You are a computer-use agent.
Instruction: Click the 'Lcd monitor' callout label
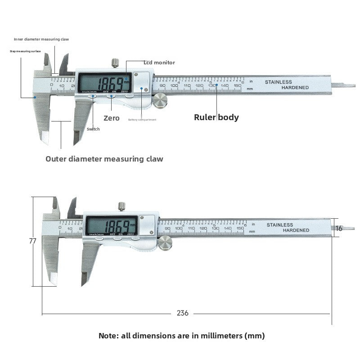pyautogui.click(x=159, y=63)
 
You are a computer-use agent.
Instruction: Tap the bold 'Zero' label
pyautogui.click(x=112, y=118)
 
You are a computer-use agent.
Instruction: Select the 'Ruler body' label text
pyautogui.click(x=216, y=117)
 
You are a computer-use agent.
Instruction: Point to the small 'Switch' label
pyautogui.click(x=93, y=129)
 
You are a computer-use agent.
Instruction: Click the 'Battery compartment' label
pyautogui.click(x=142, y=120)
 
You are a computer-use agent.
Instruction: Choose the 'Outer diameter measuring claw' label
pyautogui.click(x=104, y=159)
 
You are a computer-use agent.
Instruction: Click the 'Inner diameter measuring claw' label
pyautogui.click(x=41, y=40)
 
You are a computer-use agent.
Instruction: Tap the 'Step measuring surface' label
pyautogui.click(x=25, y=51)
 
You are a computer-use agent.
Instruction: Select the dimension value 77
pyautogui.click(x=32, y=241)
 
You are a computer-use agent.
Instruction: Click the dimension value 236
pyautogui.click(x=183, y=313)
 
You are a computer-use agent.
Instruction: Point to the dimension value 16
pyautogui.click(x=339, y=228)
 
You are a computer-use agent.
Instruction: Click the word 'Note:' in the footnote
pyautogui.click(x=109, y=336)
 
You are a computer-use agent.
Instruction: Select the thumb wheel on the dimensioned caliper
pyautogui.click(x=165, y=243)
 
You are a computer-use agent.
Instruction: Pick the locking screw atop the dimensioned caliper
pyautogui.click(x=121, y=207)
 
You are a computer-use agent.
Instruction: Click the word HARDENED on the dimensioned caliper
pyautogui.click(x=296, y=230)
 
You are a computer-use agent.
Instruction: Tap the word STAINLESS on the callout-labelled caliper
pyautogui.click(x=279, y=82)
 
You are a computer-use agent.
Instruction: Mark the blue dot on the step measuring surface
pyautogui.click(x=34, y=97)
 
